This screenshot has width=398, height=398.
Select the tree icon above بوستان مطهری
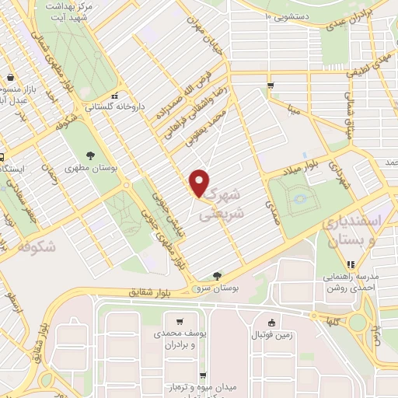click(x=92, y=155)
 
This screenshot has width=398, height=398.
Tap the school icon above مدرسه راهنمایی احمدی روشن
click(x=344, y=264)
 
